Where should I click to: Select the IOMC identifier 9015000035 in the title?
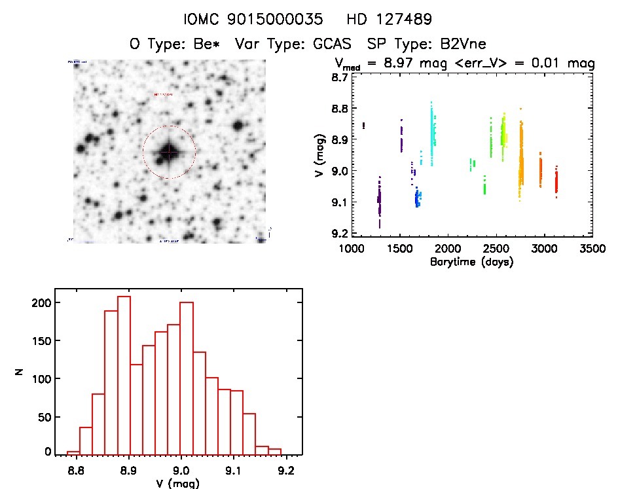[283, 20]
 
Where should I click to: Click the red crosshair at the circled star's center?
[169, 153]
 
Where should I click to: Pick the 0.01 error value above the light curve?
[553, 63]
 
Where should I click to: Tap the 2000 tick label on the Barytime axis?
[448, 249]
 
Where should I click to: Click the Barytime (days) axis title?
[471, 262]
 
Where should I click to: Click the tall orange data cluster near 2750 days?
[521, 160]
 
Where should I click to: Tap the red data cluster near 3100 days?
[556, 181]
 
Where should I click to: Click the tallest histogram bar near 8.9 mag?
[124, 374]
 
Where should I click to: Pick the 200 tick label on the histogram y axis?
[40, 302]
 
